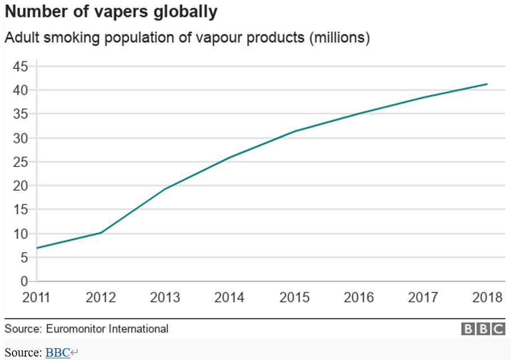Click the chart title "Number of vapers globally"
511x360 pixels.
[111, 12]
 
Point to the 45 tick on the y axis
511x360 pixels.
[20, 67]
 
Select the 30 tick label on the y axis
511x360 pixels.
[20, 138]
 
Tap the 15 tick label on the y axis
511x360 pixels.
[20, 210]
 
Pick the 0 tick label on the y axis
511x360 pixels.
[24, 281]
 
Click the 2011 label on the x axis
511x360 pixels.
[37, 297]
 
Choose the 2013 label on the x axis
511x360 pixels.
[165, 297]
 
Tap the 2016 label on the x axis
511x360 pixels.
[359, 297]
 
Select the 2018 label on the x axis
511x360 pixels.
[487, 297]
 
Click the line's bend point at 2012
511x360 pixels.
[101, 232]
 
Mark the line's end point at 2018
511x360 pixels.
[487, 84]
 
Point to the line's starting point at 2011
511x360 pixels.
[37, 248]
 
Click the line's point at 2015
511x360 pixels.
[294, 131]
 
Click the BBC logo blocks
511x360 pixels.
[483, 329]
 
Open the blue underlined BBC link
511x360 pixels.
[58, 353]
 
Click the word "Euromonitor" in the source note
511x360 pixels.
[76, 328]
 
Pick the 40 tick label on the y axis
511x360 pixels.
[20, 90]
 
